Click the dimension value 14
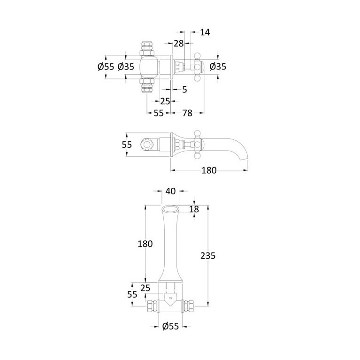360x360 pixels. [x=205, y=32]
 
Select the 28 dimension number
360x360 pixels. [x=179, y=43]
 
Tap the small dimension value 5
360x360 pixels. [x=184, y=90]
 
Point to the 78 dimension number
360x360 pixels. [x=187, y=113]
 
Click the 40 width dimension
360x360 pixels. [x=170, y=191]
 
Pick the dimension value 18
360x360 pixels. [x=194, y=209]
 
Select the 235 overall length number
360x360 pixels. [x=208, y=255]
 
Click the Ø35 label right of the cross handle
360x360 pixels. [x=218, y=67]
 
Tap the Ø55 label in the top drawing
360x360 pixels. [x=106, y=67]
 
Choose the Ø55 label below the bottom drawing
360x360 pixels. [x=170, y=326]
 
